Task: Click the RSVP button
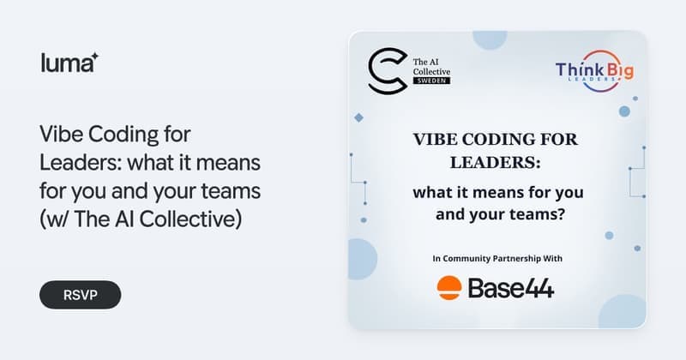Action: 80,295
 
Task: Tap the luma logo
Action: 69,63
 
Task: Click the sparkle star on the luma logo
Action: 94,57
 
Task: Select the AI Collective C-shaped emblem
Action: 388,71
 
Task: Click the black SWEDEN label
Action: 431,81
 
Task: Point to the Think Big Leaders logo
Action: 594,71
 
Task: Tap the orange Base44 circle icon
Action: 448,288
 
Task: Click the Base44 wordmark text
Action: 511,289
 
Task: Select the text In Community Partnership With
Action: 497,259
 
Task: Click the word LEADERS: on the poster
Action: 496,163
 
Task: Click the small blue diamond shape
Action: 358,117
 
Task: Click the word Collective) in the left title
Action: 190,219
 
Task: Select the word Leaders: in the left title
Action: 80,162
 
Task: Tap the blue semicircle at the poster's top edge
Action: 490,39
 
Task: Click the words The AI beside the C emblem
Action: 425,62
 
